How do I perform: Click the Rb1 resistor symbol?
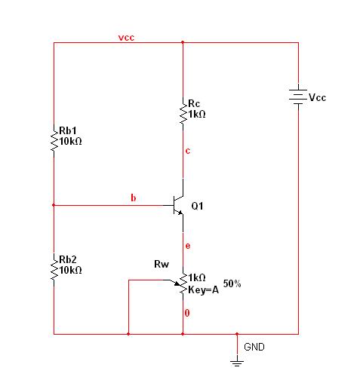click(54, 141)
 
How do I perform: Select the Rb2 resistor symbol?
click(54, 270)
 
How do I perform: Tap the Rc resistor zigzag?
click(183, 114)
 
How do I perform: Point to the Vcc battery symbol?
click(298, 97)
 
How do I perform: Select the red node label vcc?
click(126, 38)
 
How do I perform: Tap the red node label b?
click(134, 198)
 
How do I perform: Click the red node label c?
click(188, 151)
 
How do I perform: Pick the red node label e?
click(188, 246)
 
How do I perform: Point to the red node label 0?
click(187, 313)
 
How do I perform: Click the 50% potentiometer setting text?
click(232, 283)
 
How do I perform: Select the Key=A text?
click(203, 290)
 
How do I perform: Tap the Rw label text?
click(162, 264)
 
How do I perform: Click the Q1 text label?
click(197, 206)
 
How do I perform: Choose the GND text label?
click(254, 347)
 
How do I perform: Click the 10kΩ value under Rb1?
click(71, 142)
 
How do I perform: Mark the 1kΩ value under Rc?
click(197, 115)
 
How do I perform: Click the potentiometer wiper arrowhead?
click(177, 283)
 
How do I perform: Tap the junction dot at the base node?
click(54, 205)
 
